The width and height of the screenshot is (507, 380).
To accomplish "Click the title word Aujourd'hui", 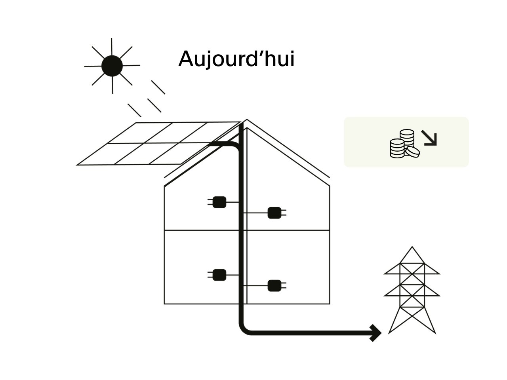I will (x=236, y=59).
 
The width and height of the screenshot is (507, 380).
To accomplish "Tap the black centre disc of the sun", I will (x=112, y=66).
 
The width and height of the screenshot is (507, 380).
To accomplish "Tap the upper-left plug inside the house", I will (x=219, y=202).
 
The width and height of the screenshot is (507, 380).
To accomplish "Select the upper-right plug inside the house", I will (x=274, y=213).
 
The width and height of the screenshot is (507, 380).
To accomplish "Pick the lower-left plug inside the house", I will (x=219, y=275).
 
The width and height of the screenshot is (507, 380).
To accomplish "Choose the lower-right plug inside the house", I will (x=274, y=285).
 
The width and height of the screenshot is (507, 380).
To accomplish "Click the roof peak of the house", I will (x=247, y=120).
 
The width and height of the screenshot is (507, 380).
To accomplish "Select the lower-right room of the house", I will (x=288, y=267).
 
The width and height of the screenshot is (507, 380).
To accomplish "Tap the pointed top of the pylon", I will (x=412, y=248).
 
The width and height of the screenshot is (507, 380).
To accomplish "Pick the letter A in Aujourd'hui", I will (x=186, y=59).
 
